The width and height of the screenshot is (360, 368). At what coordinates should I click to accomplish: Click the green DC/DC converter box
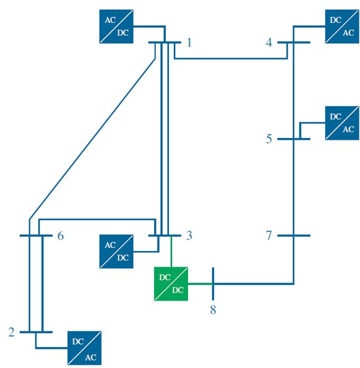pyautogui.click(x=171, y=283)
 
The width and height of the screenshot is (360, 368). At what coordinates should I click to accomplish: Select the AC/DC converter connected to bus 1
pyautogui.click(x=116, y=27)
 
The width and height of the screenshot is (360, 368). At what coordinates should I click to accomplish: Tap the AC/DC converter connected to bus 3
pyautogui.click(x=116, y=251)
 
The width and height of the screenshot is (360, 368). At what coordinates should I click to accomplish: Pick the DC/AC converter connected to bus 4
pyautogui.click(x=342, y=27)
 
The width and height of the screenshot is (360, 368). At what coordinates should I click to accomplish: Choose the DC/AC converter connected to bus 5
pyautogui.click(x=342, y=123)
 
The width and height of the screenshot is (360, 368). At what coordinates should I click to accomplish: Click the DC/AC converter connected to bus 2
pyautogui.click(x=85, y=348)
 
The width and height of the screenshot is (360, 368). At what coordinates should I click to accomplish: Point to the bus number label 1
pyautogui.click(x=189, y=43)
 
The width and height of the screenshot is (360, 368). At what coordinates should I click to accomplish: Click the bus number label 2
pyautogui.click(x=11, y=332)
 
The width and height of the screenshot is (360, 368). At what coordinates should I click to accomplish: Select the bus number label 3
pyautogui.click(x=189, y=236)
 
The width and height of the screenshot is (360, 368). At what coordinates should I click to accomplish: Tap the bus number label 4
pyautogui.click(x=269, y=43)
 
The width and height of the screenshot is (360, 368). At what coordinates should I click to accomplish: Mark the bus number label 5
pyautogui.click(x=269, y=139)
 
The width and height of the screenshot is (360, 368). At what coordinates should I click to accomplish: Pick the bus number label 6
pyautogui.click(x=61, y=236)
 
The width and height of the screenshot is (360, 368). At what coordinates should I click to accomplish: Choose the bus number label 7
pyautogui.click(x=269, y=236)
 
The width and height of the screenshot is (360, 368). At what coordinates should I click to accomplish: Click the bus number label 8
pyautogui.click(x=213, y=310)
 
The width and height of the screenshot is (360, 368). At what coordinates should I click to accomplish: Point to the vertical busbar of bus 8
pyautogui.click(x=213, y=284)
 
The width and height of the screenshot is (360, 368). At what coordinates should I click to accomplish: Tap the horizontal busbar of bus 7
pyautogui.click(x=294, y=236)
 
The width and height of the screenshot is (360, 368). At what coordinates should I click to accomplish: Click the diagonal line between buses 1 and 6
pyautogui.click(x=92, y=139)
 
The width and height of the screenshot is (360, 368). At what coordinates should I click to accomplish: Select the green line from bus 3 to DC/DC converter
pyautogui.click(x=171, y=251)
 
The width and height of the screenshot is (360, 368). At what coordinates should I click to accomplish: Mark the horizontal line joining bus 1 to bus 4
pyautogui.click(x=231, y=58)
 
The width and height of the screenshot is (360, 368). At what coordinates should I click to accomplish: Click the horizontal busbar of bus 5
pyautogui.click(x=294, y=139)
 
